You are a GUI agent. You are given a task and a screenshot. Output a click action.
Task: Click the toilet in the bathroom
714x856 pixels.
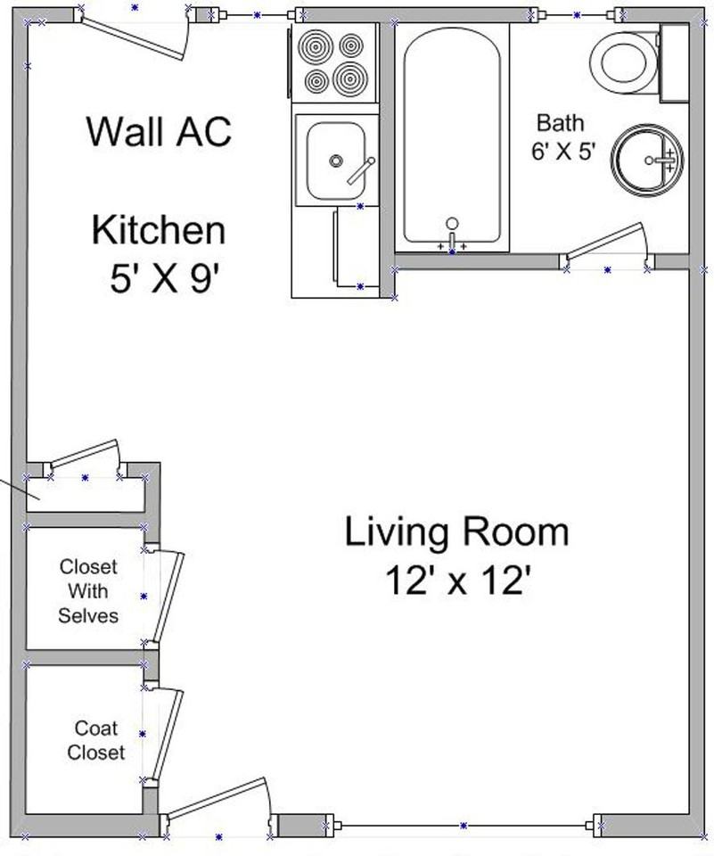[x=628, y=62]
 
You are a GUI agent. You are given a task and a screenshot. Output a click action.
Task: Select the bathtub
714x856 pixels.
[x=451, y=134]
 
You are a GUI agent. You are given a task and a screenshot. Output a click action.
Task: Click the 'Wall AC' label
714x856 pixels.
[x=159, y=131]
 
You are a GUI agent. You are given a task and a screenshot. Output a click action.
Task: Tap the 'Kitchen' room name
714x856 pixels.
[x=159, y=230]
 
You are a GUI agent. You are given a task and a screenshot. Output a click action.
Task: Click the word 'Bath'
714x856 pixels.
[x=560, y=122]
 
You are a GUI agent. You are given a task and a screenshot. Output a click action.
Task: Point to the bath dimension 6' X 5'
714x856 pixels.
[x=562, y=152]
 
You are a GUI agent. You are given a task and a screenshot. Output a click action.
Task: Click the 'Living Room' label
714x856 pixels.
[x=456, y=532]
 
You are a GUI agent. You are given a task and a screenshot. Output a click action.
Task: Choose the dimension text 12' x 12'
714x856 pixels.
[x=458, y=581]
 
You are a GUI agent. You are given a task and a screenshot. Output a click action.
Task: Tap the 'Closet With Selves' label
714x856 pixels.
[x=88, y=590]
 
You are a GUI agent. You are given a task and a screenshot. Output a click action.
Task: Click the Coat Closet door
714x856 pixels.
[x=168, y=733]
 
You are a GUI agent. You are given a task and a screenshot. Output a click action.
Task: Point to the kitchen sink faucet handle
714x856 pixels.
[x=361, y=169]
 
